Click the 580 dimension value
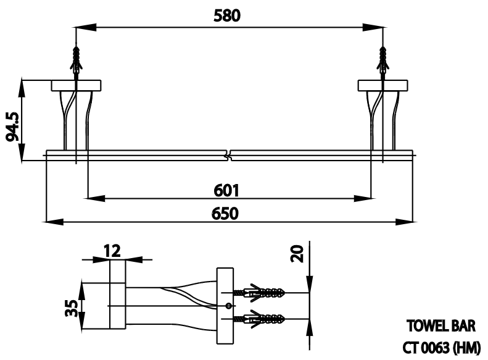click(226, 16)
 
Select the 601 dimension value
click(226, 190)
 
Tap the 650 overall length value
click(226, 212)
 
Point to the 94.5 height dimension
click(12, 127)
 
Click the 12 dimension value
click(112, 250)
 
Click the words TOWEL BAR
click(440, 325)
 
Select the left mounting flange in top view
click(76, 85)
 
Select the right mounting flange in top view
click(383, 85)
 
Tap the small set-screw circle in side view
click(229, 306)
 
